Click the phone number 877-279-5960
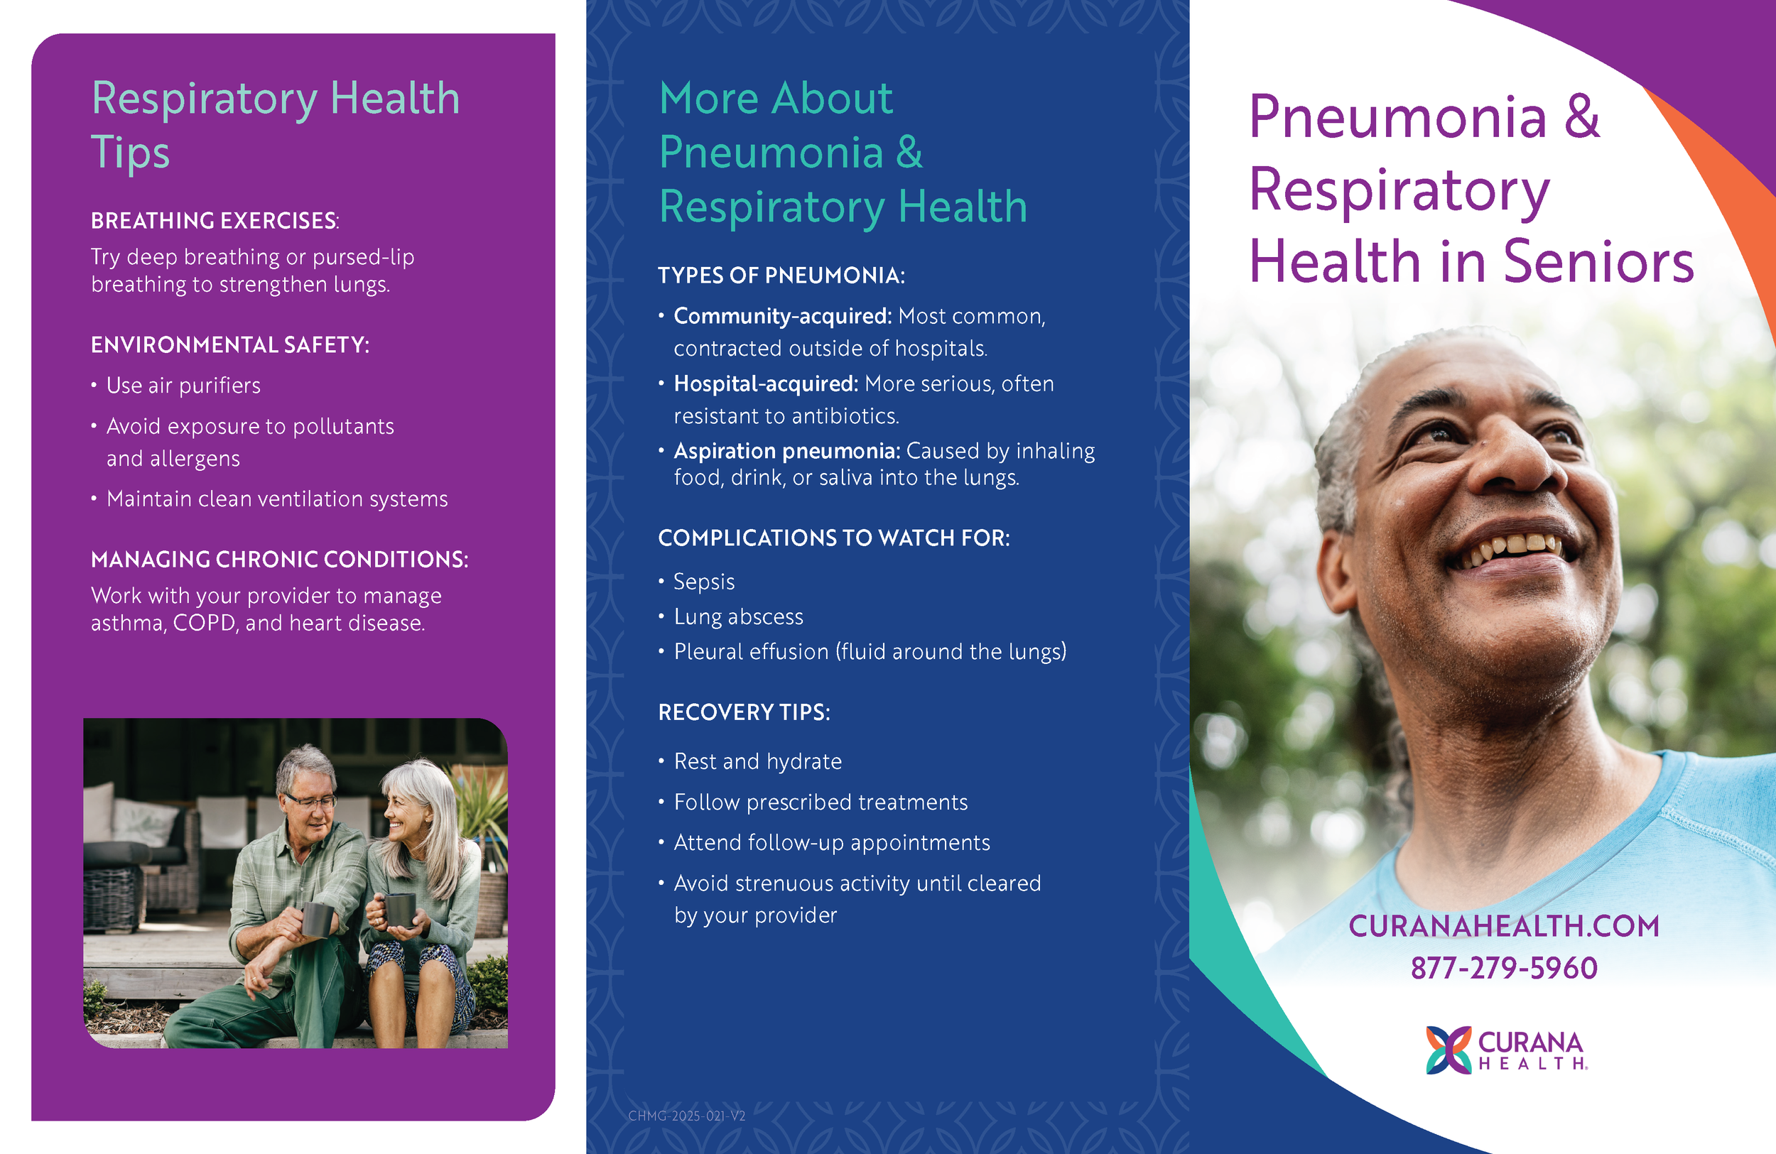click(1503, 968)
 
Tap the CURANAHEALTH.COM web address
click(1504, 926)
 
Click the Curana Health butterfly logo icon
click(1448, 1050)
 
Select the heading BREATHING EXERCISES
click(214, 221)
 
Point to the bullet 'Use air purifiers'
click(183, 386)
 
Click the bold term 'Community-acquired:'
click(782, 316)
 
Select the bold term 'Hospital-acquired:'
click(766, 383)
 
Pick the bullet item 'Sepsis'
click(704, 582)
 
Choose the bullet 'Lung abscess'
click(738, 617)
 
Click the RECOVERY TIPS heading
click(743, 712)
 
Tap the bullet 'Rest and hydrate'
click(757, 761)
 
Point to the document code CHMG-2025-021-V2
click(686, 1116)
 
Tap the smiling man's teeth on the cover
click(1515, 548)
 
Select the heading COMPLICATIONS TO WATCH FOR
click(833, 538)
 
